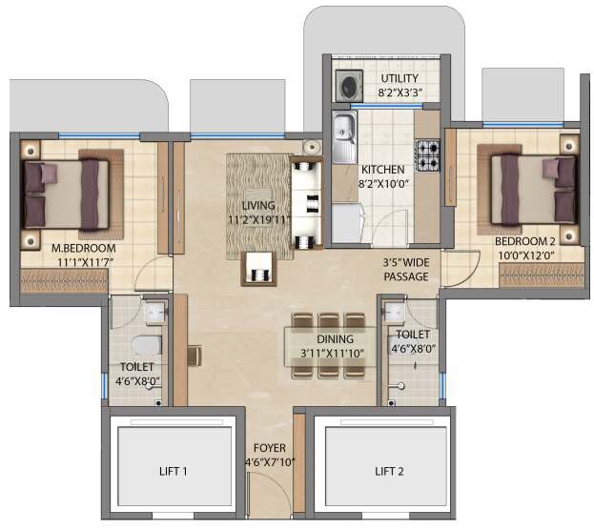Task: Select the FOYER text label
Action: coord(270,447)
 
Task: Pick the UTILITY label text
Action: coord(401,77)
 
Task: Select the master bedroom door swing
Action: coord(153,275)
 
